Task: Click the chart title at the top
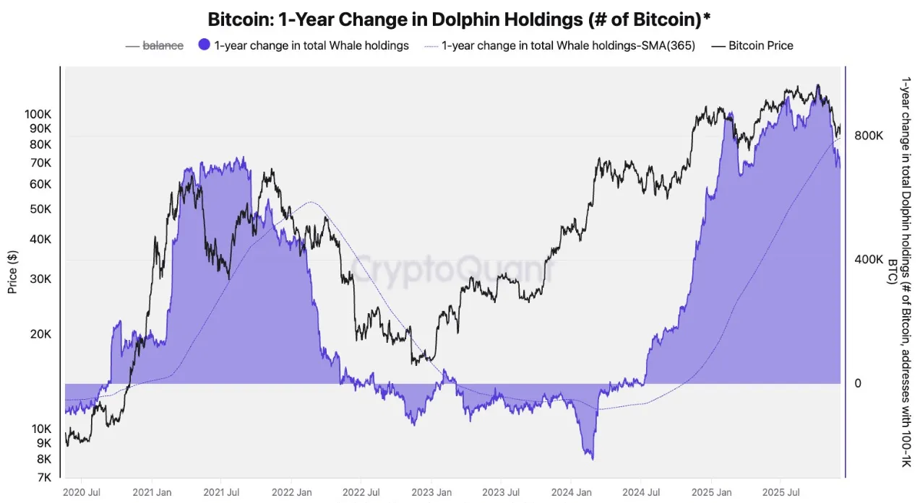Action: point(459,19)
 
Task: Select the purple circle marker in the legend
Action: point(204,45)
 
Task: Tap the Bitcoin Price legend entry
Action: point(760,45)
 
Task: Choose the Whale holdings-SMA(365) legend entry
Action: point(568,45)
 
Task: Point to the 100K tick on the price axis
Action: point(38,114)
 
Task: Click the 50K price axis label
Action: point(40,209)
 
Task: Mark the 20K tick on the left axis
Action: point(40,334)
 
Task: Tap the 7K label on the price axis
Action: point(43,477)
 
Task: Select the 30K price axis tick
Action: point(40,279)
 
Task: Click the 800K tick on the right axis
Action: point(869,136)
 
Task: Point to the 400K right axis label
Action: point(869,260)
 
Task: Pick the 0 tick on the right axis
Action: point(859,383)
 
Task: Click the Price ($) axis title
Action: point(12,271)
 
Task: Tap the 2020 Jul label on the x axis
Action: point(82,492)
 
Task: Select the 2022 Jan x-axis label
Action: point(291,492)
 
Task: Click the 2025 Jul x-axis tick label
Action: point(781,492)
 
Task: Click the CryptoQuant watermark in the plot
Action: point(448,268)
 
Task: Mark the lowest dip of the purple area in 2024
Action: point(592,458)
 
